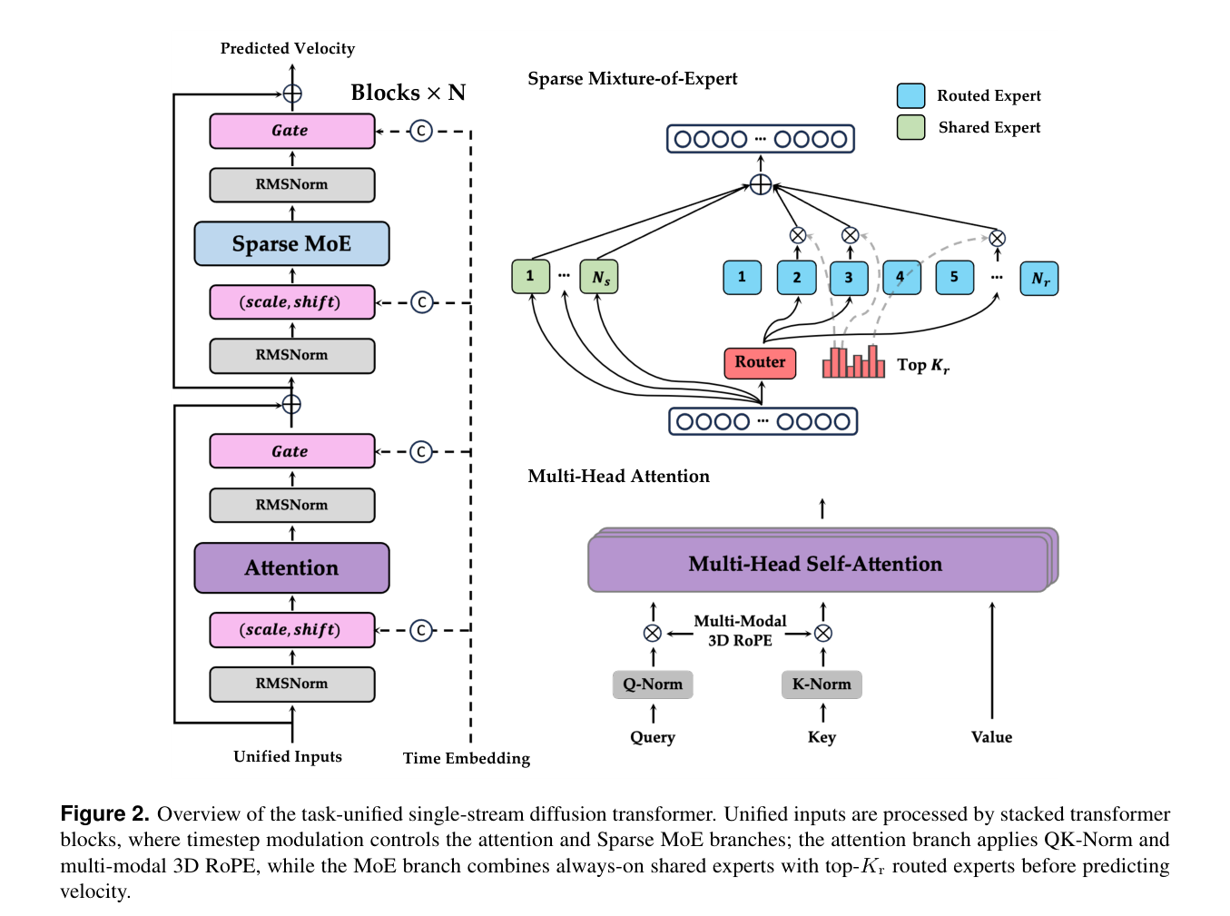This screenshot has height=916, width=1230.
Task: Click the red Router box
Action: (x=759, y=363)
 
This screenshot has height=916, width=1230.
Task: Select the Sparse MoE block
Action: (x=291, y=243)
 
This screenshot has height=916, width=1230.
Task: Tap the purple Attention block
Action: (x=291, y=567)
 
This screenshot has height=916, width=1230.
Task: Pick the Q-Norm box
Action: (x=653, y=685)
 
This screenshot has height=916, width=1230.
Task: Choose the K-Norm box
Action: (x=822, y=685)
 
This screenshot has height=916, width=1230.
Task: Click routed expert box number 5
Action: (x=954, y=277)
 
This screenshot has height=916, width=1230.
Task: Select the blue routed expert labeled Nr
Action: (x=1038, y=278)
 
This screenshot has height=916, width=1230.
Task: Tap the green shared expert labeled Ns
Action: (x=599, y=276)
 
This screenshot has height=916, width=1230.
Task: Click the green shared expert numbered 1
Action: (x=531, y=276)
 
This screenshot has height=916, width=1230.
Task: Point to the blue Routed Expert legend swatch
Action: (x=910, y=95)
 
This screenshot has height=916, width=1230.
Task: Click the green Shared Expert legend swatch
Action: (x=910, y=127)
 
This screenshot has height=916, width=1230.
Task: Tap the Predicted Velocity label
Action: (x=287, y=49)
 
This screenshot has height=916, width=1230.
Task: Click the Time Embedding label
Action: (x=467, y=758)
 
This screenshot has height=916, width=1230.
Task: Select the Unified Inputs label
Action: (x=287, y=757)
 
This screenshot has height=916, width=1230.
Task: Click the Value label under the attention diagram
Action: (x=991, y=737)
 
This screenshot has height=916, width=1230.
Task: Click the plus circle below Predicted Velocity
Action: (x=292, y=94)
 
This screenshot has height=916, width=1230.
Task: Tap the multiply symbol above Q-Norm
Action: (x=653, y=633)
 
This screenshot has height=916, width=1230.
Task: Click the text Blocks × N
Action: (x=408, y=93)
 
